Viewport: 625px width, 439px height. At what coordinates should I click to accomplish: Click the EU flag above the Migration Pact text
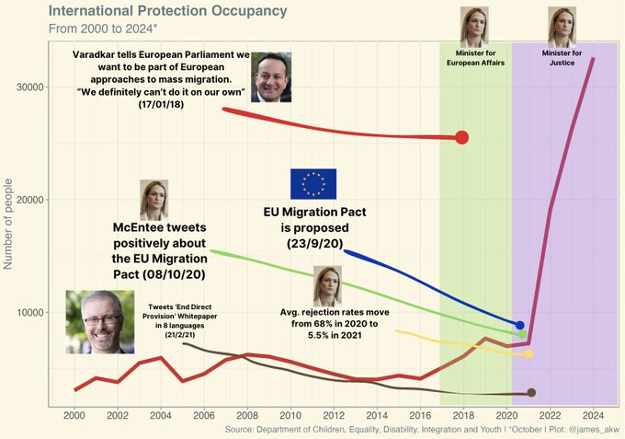point(313,184)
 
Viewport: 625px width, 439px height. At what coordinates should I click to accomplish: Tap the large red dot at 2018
point(462,137)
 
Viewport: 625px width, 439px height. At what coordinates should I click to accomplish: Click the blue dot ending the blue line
point(520,325)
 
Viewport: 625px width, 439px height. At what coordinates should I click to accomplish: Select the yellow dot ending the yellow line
point(528,353)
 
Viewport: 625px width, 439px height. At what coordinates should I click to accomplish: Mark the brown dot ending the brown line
point(531,393)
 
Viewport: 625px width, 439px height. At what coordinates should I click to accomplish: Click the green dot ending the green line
point(522,334)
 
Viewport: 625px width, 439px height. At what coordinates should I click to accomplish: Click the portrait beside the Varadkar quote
point(271,77)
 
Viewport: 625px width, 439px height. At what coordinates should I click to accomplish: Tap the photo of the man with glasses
point(99,321)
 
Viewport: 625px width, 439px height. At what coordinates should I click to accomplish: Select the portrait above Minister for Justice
point(562,27)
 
